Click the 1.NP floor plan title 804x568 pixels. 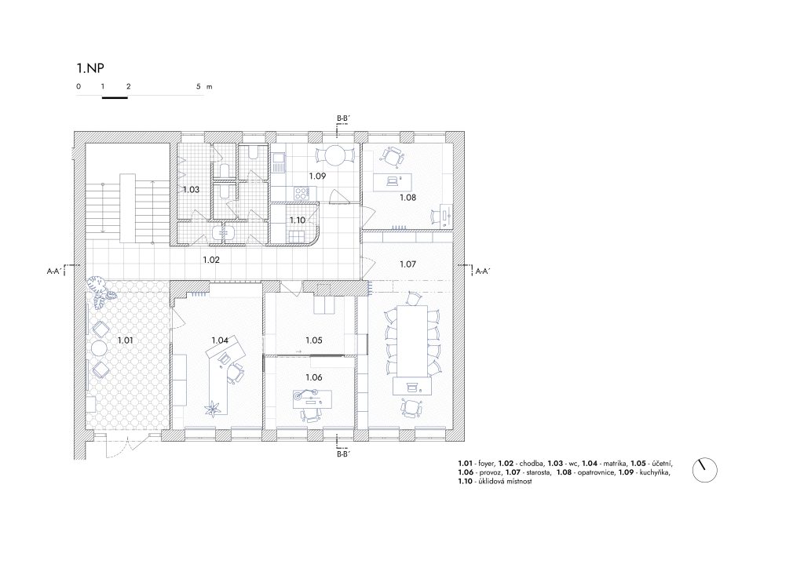(x=90, y=68)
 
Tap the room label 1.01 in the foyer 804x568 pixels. (x=125, y=340)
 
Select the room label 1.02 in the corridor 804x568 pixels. (x=210, y=260)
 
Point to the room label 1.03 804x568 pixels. (x=191, y=190)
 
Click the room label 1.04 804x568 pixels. (x=220, y=340)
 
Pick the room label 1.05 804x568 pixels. (x=314, y=340)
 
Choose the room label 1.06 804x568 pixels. (x=314, y=377)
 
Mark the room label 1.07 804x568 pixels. (x=407, y=264)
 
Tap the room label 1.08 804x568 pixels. (x=407, y=197)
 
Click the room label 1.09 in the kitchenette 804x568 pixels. (x=317, y=176)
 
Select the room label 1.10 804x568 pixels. (x=298, y=220)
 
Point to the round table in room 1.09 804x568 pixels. (x=335, y=155)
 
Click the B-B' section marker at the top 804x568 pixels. (x=343, y=118)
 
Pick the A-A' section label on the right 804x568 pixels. (x=483, y=271)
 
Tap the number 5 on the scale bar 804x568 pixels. (x=199, y=86)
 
